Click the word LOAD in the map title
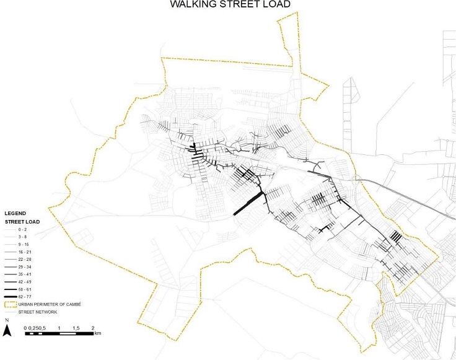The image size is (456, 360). pyautogui.click(x=276, y=4)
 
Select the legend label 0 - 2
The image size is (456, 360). pyautogui.click(x=24, y=229)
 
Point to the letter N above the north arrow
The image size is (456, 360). pyautogui.click(x=6, y=320)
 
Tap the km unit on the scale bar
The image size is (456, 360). pyautogui.click(x=98, y=334)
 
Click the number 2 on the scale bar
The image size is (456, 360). pyautogui.click(x=92, y=327)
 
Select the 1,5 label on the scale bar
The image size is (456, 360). pyautogui.click(x=76, y=327)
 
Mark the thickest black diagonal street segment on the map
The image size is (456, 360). pyautogui.click(x=249, y=203)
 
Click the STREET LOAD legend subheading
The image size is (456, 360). pyautogui.click(x=22, y=221)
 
